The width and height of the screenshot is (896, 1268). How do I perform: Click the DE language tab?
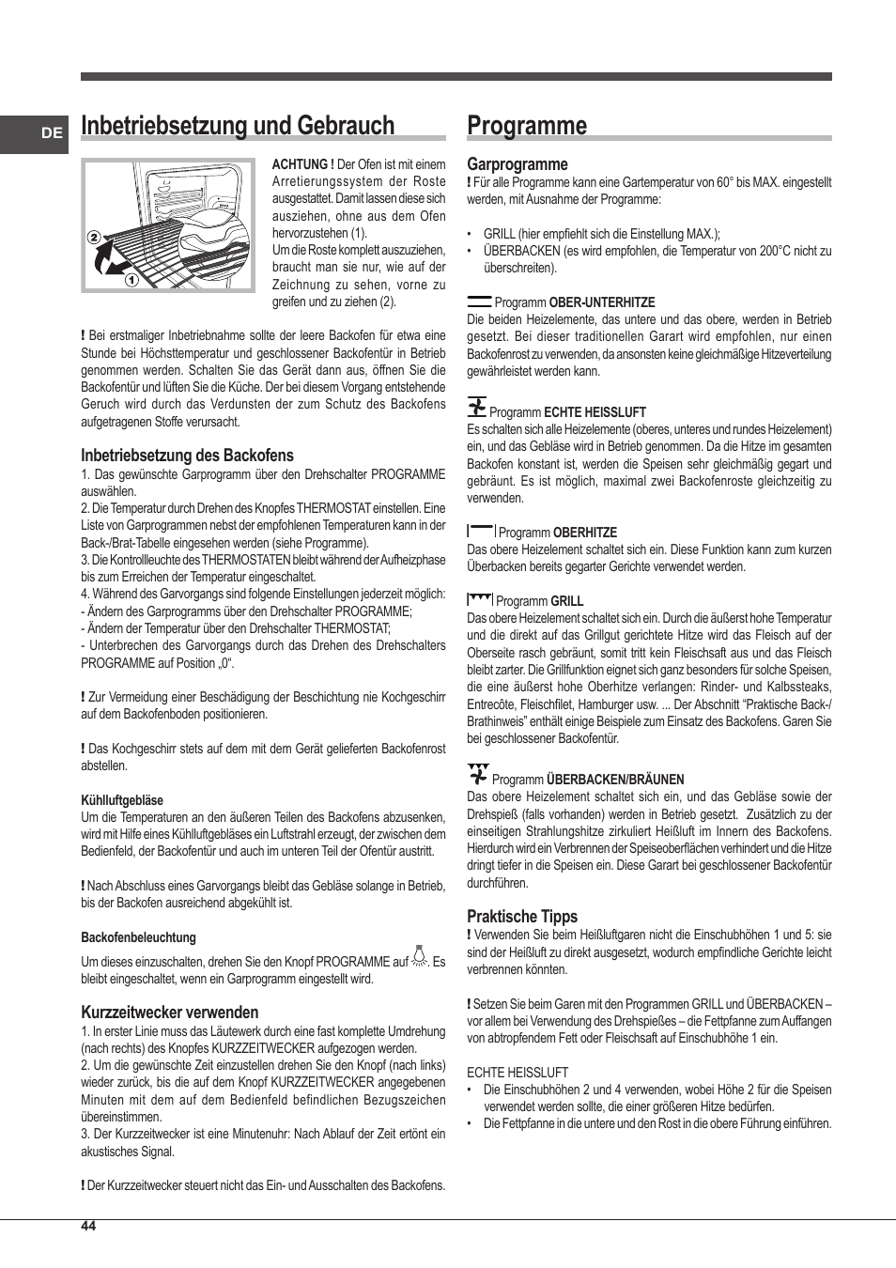pyautogui.click(x=52, y=133)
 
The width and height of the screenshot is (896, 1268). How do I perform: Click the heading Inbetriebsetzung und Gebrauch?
pyautogui.click(x=238, y=126)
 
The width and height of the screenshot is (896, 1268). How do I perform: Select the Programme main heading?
pyautogui.click(x=527, y=126)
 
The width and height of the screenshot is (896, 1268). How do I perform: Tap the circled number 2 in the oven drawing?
pyautogui.click(x=94, y=238)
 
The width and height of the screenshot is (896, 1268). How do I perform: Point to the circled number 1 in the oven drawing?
pyautogui.click(x=131, y=279)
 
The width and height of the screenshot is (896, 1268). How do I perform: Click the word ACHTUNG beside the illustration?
pyautogui.click(x=302, y=164)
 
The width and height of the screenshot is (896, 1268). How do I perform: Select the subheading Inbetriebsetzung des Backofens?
pyautogui.click(x=187, y=456)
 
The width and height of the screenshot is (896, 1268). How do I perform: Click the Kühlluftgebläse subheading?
pyautogui.click(x=122, y=800)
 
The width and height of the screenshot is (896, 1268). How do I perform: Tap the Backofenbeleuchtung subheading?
pyautogui.click(x=138, y=937)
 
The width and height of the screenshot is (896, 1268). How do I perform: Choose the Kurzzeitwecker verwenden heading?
pyautogui.click(x=169, y=1013)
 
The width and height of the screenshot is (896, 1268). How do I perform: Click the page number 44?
pyautogui.click(x=88, y=1226)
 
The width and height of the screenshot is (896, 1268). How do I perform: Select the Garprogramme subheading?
pyautogui.click(x=518, y=164)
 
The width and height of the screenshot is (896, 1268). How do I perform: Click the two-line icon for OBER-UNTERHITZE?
pyautogui.click(x=479, y=302)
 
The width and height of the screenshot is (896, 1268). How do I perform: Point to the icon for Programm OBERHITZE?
pyautogui.click(x=481, y=531)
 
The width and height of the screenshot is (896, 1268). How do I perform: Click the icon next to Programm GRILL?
pyautogui.click(x=480, y=599)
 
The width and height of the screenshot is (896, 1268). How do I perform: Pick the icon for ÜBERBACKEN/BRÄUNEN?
pyautogui.click(x=478, y=775)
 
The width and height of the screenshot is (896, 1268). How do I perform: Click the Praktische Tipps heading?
pyautogui.click(x=522, y=917)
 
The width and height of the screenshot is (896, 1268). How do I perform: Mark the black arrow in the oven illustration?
pyautogui.click(x=112, y=258)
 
